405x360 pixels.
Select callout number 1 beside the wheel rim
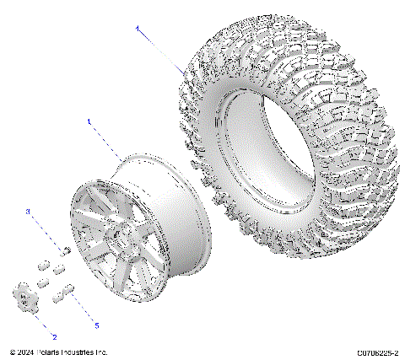pos(88,122)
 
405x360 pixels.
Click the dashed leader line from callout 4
pos(160,50)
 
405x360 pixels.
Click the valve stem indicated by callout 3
pos(64,248)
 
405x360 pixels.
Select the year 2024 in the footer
pos(27,352)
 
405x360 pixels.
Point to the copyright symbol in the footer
pos(12,352)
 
